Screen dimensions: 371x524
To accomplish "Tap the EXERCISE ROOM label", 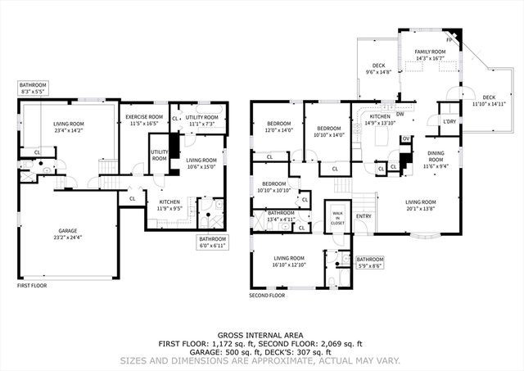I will coord(146,117).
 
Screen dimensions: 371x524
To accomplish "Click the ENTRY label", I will coord(364,217).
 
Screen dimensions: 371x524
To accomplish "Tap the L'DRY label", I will coord(449,122).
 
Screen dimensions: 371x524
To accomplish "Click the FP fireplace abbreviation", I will coord(449,38).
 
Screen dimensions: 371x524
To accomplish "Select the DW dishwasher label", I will coord(400,115).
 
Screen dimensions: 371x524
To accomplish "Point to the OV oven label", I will coord(404,139).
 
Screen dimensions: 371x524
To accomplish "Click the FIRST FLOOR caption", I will coord(34,286).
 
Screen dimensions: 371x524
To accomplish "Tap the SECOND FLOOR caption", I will coord(267,295).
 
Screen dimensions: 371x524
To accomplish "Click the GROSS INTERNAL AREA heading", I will coord(262,335).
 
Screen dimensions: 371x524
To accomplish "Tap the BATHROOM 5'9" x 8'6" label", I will coord(370,262).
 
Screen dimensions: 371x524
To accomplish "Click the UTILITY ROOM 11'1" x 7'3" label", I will coord(201,120).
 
